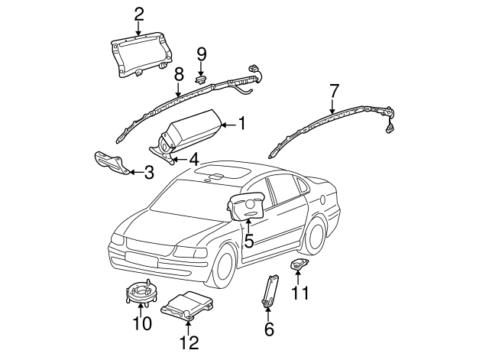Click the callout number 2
[x=138, y=13]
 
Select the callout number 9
[x=202, y=54]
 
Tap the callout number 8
[x=178, y=74]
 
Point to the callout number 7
[x=333, y=90]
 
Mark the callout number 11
[x=301, y=292]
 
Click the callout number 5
[x=249, y=241]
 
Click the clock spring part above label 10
[x=141, y=290]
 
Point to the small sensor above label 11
[x=299, y=264]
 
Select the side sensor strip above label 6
[x=270, y=289]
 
